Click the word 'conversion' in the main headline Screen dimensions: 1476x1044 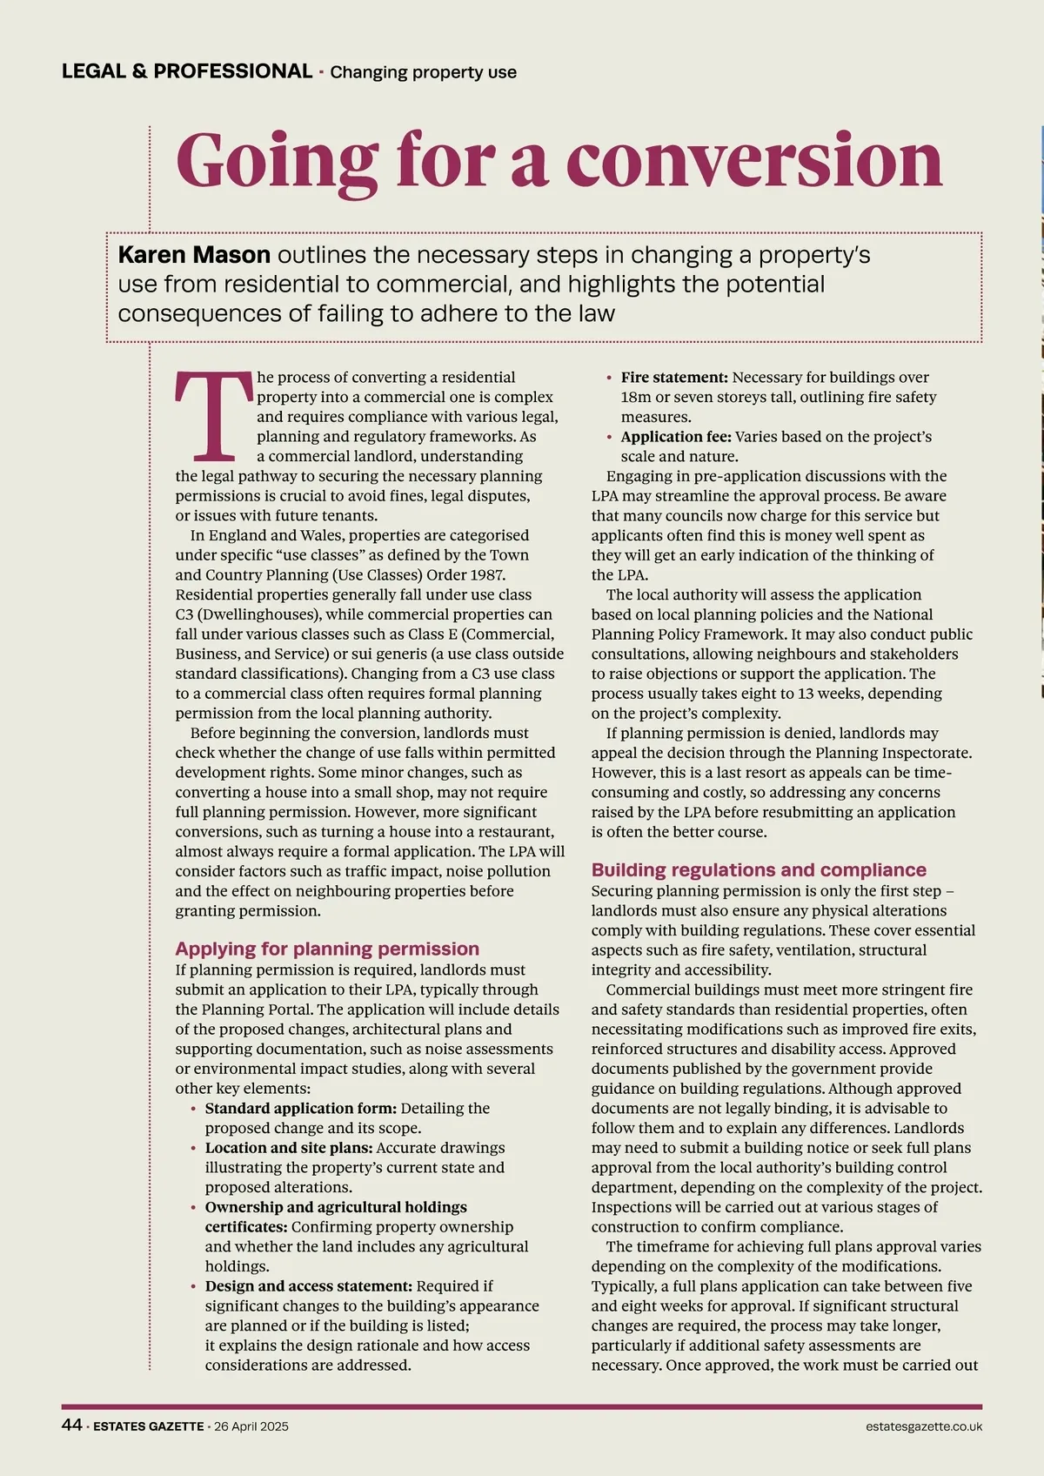pyautogui.click(x=753, y=160)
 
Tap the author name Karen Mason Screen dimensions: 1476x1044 pyautogui.click(x=194, y=255)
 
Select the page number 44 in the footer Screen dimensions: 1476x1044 pyautogui.click(x=71, y=1426)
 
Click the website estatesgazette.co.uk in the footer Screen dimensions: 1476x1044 pyautogui.click(x=924, y=1426)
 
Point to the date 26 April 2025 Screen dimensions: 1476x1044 pyautogui.click(x=251, y=1426)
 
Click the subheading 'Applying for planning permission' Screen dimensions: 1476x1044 pyautogui.click(x=327, y=949)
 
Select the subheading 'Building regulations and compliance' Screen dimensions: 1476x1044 pyautogui.click(x=759, y=869)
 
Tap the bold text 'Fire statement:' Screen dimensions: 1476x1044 pyautogui.click(x=674, y=378)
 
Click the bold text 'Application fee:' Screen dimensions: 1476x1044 pyautogui.click(x=676, y=437)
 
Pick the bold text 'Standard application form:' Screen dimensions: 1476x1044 pyautogui.click(x=301, y=1108)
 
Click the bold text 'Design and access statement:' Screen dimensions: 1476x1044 pyautogui.click(x=309, y=1286)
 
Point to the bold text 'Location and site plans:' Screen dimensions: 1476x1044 pyautogui.click(x=289, y=1148)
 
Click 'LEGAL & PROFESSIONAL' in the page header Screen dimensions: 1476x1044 pyautogui.click(x=187, y=71)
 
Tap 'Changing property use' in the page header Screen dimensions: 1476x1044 pyautogui.click(x=424, y=72)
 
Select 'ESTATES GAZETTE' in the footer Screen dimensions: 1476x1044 pyautogui.click(x=149, y=1426)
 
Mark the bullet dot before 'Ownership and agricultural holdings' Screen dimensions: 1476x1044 pyautogui.click(x=193, y=1208)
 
